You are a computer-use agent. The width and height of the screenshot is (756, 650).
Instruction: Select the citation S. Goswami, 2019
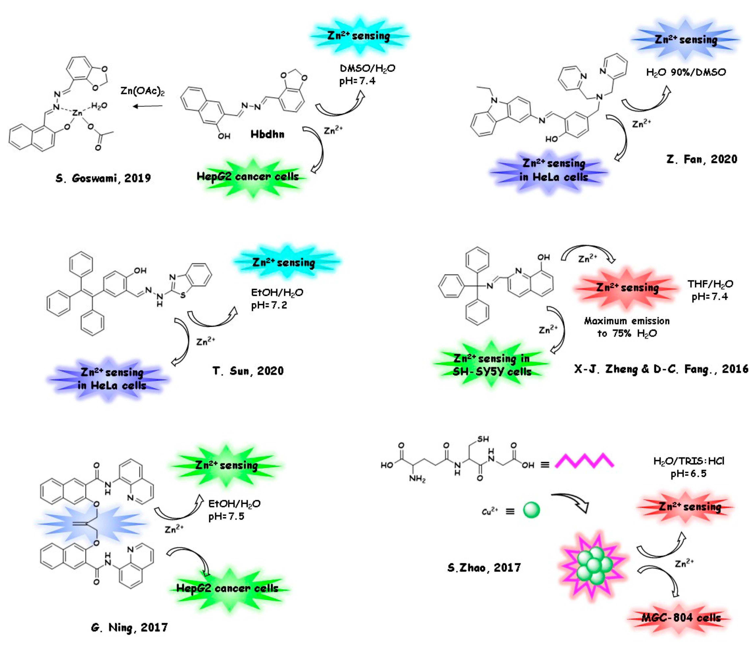(x=103, y=178)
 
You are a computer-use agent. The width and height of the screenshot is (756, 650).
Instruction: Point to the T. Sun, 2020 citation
(x=248, y=371)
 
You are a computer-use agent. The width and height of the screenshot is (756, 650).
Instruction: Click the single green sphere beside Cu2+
(x=531, y=510)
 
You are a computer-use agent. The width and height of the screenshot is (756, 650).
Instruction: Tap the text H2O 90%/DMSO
(x=686, y=72)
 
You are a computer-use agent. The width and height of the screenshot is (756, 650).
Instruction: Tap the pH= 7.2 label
(x=269, y=305)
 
